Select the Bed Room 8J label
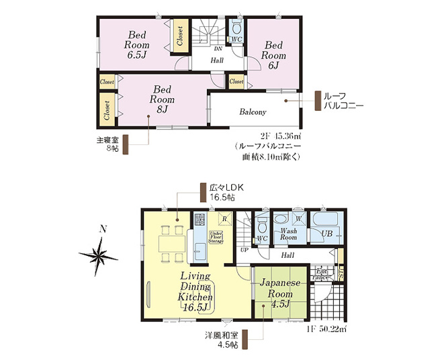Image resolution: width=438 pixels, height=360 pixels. pyautogui.click(x=162, y=98)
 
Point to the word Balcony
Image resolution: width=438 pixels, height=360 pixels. pyautogui.click(x=253, y=112)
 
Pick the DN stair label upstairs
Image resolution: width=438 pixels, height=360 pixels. pyautogui.click(x=218, y=49)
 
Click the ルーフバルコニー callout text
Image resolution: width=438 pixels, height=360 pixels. pyautogui.click(x=343, y=101)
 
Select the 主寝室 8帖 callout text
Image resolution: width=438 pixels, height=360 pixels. pyautogui.click(x=106, y=145)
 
